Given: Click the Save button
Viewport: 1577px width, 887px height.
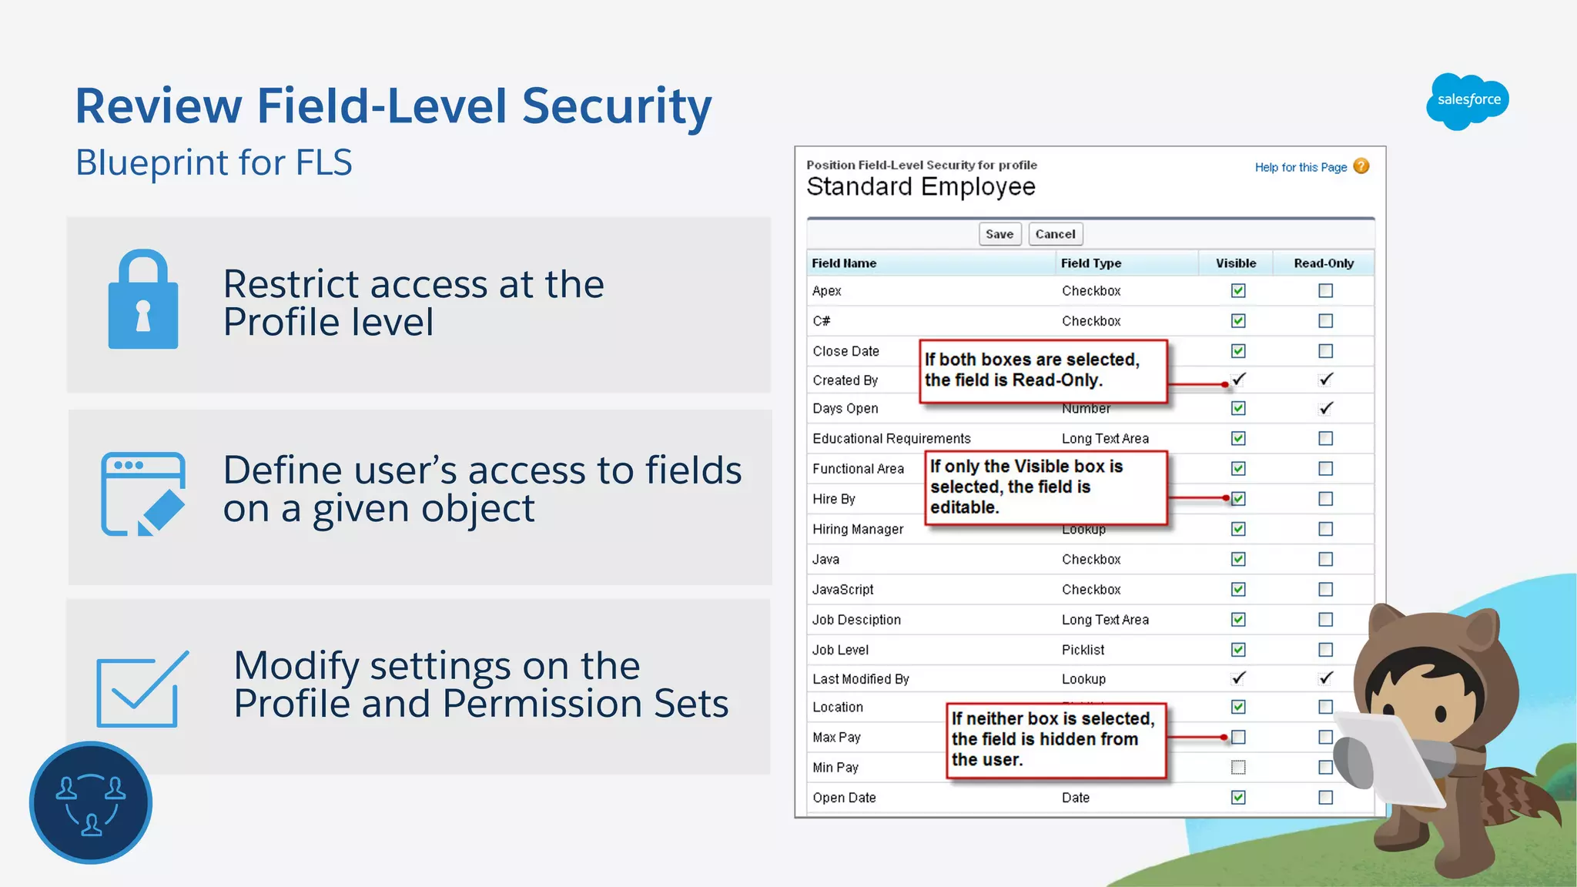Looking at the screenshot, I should (x=999, y=234).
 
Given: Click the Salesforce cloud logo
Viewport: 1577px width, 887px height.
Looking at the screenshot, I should (x=1468, y=101).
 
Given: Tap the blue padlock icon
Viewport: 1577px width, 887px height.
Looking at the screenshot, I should (x=143, y=300).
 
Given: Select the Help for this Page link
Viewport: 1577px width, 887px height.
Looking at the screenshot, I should (x=1301, y=167).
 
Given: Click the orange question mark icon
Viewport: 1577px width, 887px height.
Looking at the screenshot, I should (x=1361, y=166).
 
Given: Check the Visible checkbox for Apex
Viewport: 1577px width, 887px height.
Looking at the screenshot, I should (x=1238, y=291).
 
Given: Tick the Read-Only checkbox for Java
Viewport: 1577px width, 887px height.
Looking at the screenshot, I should (x=1325, y=559).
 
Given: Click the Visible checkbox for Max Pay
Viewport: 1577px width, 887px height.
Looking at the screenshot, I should (x=1238, y=737).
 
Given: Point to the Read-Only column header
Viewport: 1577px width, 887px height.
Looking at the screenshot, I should (x=1323, y=263).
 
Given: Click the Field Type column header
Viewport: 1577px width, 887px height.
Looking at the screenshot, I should (x=1090, y=263).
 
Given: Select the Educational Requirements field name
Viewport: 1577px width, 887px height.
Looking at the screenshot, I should (x=891, y=439).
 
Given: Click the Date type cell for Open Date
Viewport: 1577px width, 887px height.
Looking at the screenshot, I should (x=1075, y=798).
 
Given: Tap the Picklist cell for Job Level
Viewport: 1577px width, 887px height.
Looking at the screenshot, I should (x=1083, y=650).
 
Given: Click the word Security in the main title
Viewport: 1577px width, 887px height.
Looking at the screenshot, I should (x=616, y=105).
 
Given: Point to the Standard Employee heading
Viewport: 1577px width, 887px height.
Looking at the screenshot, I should (x=920, y=187).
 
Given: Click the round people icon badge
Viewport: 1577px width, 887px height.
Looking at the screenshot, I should (x=91, y=802).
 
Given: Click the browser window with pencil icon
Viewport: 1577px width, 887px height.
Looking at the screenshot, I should (x=143, y=494).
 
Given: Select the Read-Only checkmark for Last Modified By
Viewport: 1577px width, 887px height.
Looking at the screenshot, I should (x=1325, y=678).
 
